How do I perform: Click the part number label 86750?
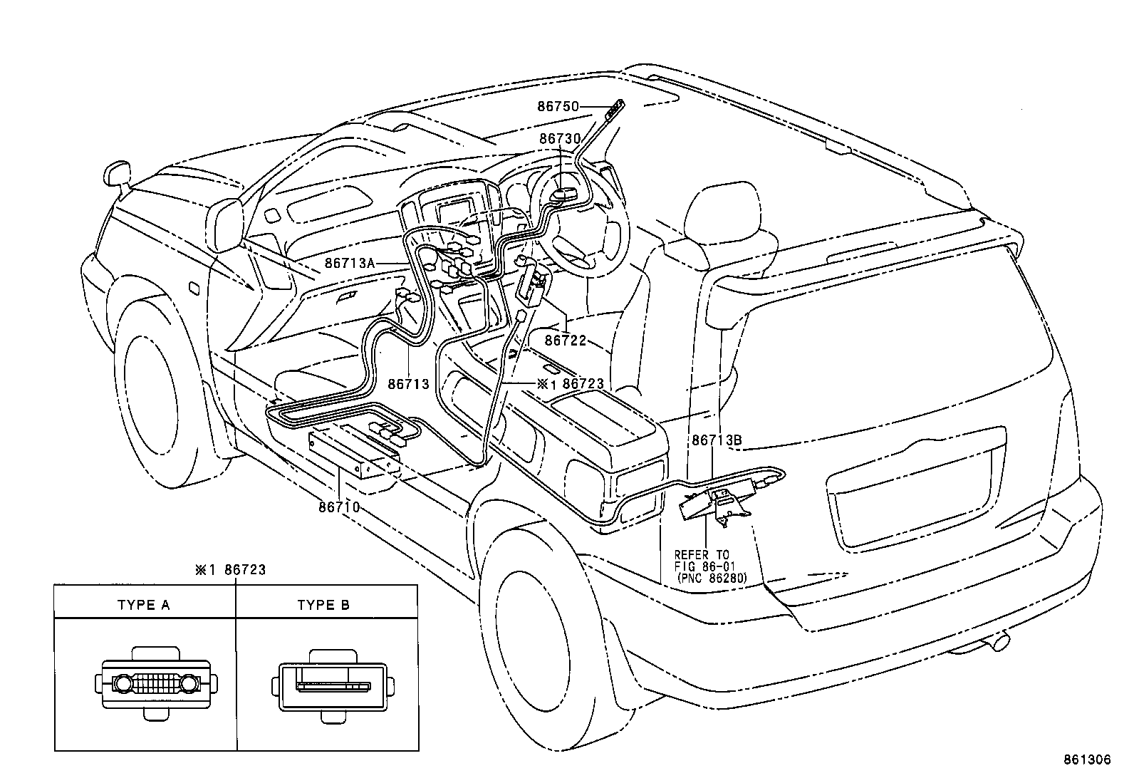coord(558,106)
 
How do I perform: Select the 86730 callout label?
coord(560,138)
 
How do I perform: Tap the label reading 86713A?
coord(349,262)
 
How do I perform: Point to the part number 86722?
coord(565,341)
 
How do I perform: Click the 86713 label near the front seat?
coord(408,384)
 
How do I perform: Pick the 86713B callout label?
coord(716,440)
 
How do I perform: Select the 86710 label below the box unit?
coord(338,507)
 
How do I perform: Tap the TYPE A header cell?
coord(144,606)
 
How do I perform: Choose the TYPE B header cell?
coord(323,606)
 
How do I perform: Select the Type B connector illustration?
coord(333,685)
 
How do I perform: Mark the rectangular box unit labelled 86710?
coord(354,454)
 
